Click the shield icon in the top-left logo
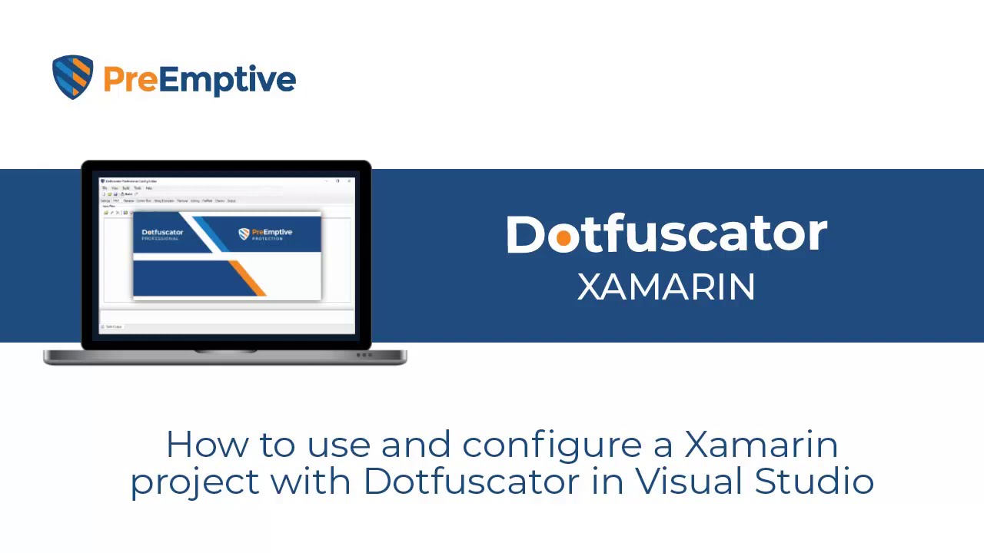(x=73, y=77)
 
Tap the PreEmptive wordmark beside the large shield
(x=199, y=79)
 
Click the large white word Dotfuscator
(x=667, y=234)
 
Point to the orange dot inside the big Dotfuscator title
(x=563, y=238)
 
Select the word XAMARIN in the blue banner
(x=667, y=287)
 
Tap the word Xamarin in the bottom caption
(x=760, y=445)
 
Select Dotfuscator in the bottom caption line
(x=470, y=481)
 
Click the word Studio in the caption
(x=814, y=481)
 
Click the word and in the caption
(x=416, y=445)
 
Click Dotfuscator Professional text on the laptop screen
(x=162, y=233)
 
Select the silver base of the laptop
(x=224, y=356)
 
